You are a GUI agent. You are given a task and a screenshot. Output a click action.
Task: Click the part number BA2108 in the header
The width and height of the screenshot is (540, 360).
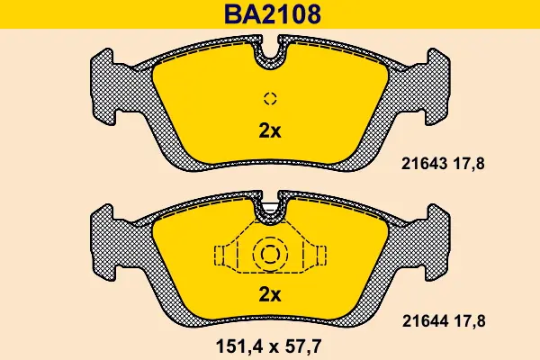pyautogui.click(x=273, y=14)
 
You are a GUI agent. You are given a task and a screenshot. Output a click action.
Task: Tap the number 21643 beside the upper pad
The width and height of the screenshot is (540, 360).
pyautogui.click(x=424, y=164)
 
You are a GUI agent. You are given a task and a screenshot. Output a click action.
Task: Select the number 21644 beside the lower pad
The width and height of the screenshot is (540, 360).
pyautogui.click(x=426, y=321)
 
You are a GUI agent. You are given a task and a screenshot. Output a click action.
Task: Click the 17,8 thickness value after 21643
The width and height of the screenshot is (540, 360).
pyautogui.click(x=469, y=164)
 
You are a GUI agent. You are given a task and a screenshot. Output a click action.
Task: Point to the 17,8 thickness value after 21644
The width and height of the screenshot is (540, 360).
pyautogui.click(x=470, y=322)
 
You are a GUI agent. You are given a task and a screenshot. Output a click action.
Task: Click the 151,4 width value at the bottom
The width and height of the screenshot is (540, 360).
pyautogui.click(x=239, y=346)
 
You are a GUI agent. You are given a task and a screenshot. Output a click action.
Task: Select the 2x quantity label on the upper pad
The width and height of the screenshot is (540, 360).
pyautogui.click(x=270, y=130)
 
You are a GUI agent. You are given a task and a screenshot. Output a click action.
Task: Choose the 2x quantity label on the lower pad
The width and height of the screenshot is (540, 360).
pyautogui.click(x=270, y=294)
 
